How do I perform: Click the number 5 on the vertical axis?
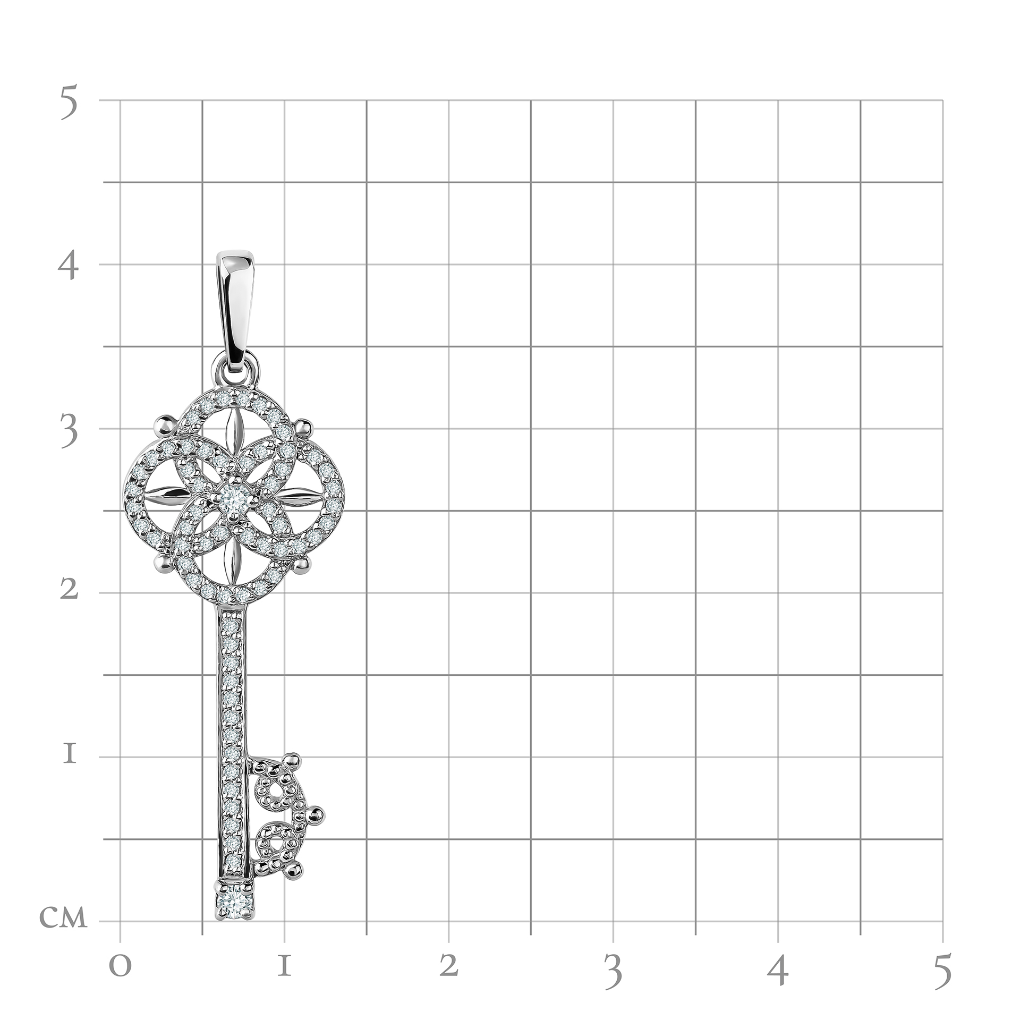69,103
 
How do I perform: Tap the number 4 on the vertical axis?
68,267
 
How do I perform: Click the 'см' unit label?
63,917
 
